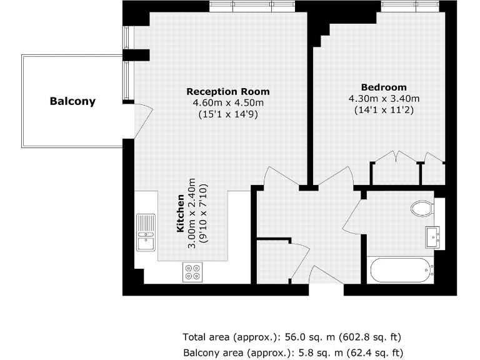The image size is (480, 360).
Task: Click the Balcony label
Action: coord(72,101)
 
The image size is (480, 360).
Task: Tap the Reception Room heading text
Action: coord(228,91)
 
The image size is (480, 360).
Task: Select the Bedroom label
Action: coord(383,87)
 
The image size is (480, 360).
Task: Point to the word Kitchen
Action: coord(181,214)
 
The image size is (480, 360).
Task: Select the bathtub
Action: coord(402,271)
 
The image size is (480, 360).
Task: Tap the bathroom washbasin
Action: coord(432,237)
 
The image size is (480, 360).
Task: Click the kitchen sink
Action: coord(146,233)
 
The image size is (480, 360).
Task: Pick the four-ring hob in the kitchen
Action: coord(192,272)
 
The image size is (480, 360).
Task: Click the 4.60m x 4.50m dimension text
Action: coord(228,102)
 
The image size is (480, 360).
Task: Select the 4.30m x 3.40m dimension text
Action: coord(383,98)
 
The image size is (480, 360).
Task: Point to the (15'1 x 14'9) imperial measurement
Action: coord(228,114)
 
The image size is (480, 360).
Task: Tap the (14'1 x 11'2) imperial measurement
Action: coord(383,110)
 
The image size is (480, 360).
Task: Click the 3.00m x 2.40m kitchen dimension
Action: coord(192,214)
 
